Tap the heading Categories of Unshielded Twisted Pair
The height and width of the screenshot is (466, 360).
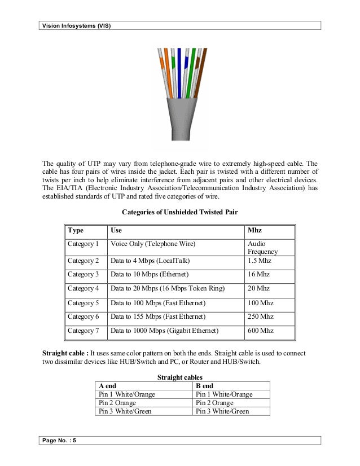(x=179, y=212)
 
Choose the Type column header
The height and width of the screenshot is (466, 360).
(x=76, y=231)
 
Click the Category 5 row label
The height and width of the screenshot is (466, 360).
(x=83, y=303)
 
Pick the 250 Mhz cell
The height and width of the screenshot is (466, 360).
(x=260, y=317)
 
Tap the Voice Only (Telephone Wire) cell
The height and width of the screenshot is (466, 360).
(x=153, y=244)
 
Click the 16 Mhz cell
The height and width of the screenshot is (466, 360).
(x=258, y=274)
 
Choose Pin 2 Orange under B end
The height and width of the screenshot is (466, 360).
(x=214, y=403)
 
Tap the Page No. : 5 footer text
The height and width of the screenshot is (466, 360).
(x=59, y=441)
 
